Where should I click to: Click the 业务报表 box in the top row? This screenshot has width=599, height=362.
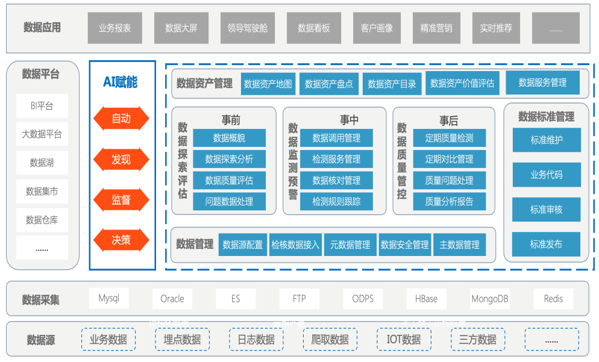pos(115,28)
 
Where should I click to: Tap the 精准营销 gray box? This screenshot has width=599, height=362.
pos(436,28)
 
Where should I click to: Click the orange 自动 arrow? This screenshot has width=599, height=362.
pos(121,119)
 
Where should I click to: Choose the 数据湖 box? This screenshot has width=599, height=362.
pos(42,163)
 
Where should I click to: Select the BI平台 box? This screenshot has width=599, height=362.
pos(42,106)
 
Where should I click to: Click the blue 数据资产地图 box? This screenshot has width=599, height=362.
pos(268,84)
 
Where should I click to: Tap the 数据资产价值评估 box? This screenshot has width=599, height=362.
pos(462,84)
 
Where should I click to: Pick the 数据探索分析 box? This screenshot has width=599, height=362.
pos(229,159)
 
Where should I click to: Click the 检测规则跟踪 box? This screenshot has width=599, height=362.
pos(336,202)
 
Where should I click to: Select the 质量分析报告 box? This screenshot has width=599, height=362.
pos(449,202)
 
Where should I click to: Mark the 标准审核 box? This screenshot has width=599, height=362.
pos(547,210)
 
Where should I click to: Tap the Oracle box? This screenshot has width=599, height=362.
pos(172,299)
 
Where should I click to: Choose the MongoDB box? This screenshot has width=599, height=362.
pos(490,299)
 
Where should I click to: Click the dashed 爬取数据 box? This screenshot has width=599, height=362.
pos(330,340)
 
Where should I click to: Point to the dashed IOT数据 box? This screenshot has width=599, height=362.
pos(404,340)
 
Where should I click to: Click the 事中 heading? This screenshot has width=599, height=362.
pos(349,120)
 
